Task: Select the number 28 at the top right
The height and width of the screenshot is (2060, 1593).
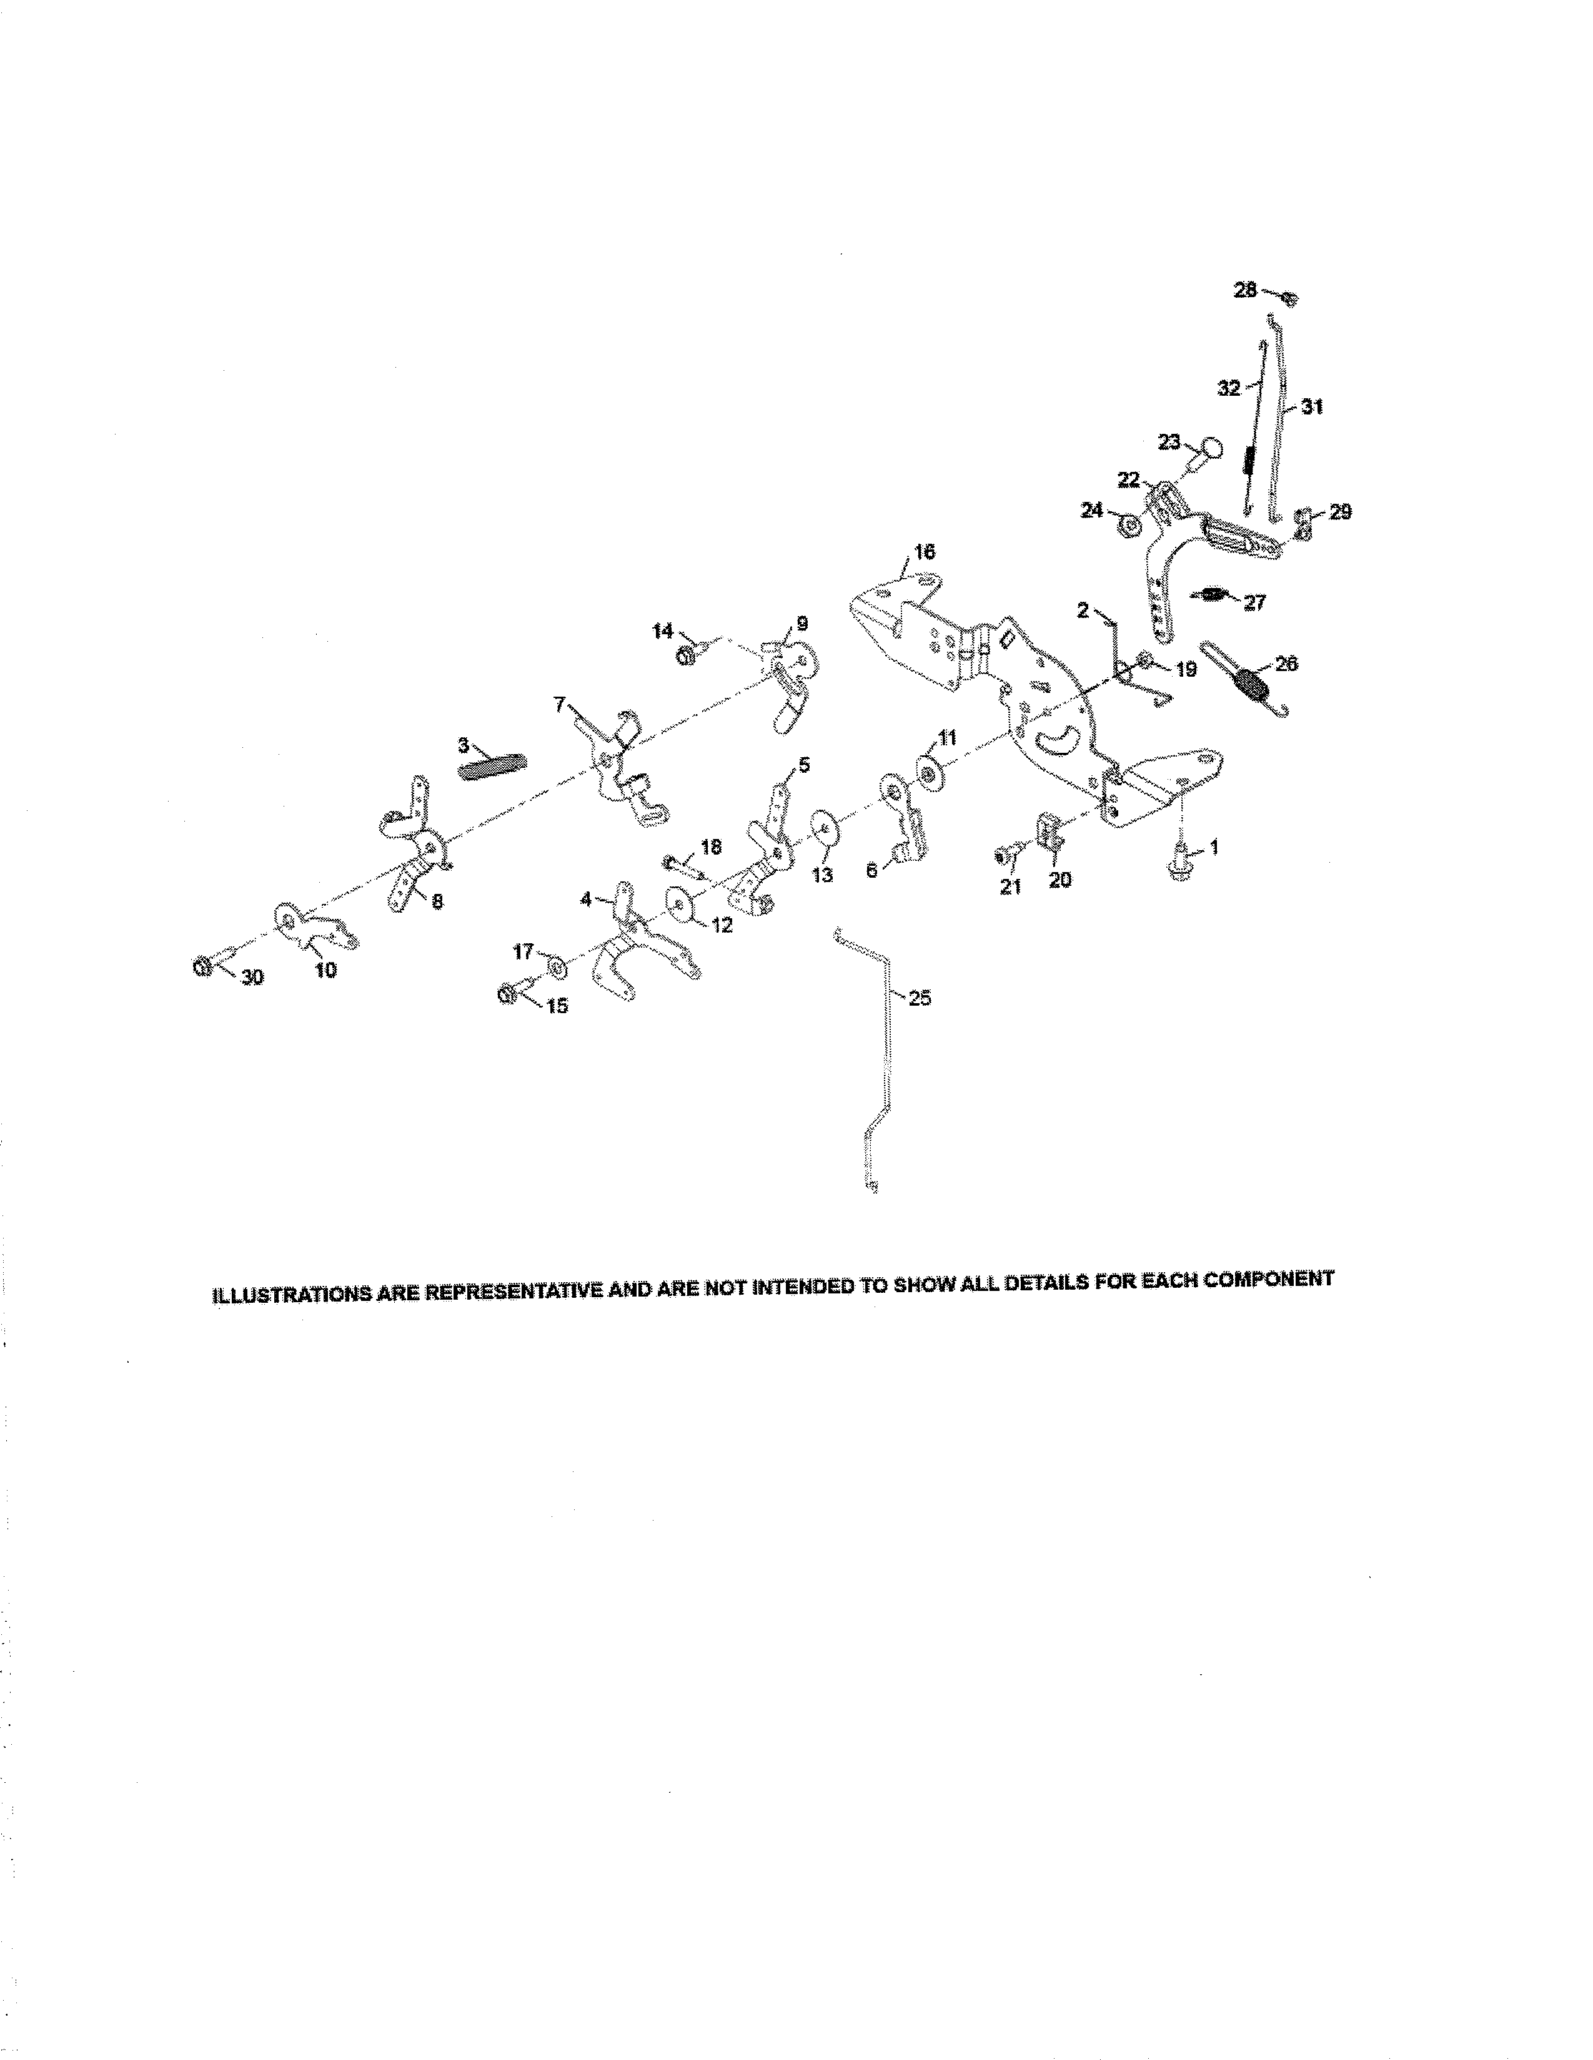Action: tap(1245, 290)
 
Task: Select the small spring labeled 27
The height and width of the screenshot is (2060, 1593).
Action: tap(1211, 594)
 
